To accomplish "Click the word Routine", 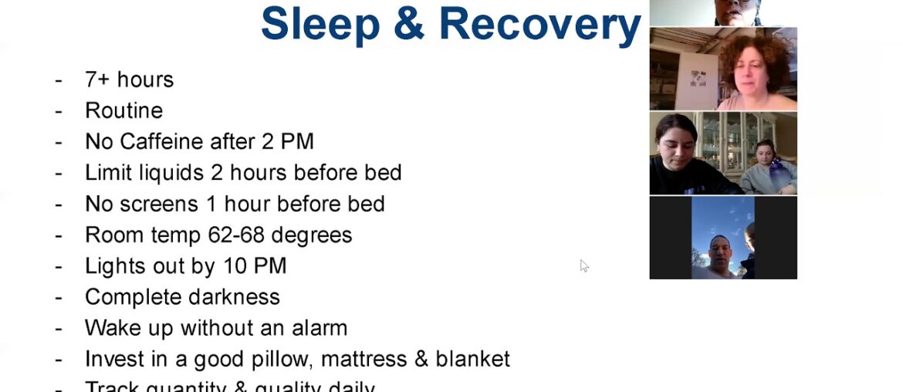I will coord(123,110).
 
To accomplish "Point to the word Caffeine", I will coord(164,141).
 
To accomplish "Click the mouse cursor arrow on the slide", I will coord(583,265).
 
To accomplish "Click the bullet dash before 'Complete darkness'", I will coord(59,297).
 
